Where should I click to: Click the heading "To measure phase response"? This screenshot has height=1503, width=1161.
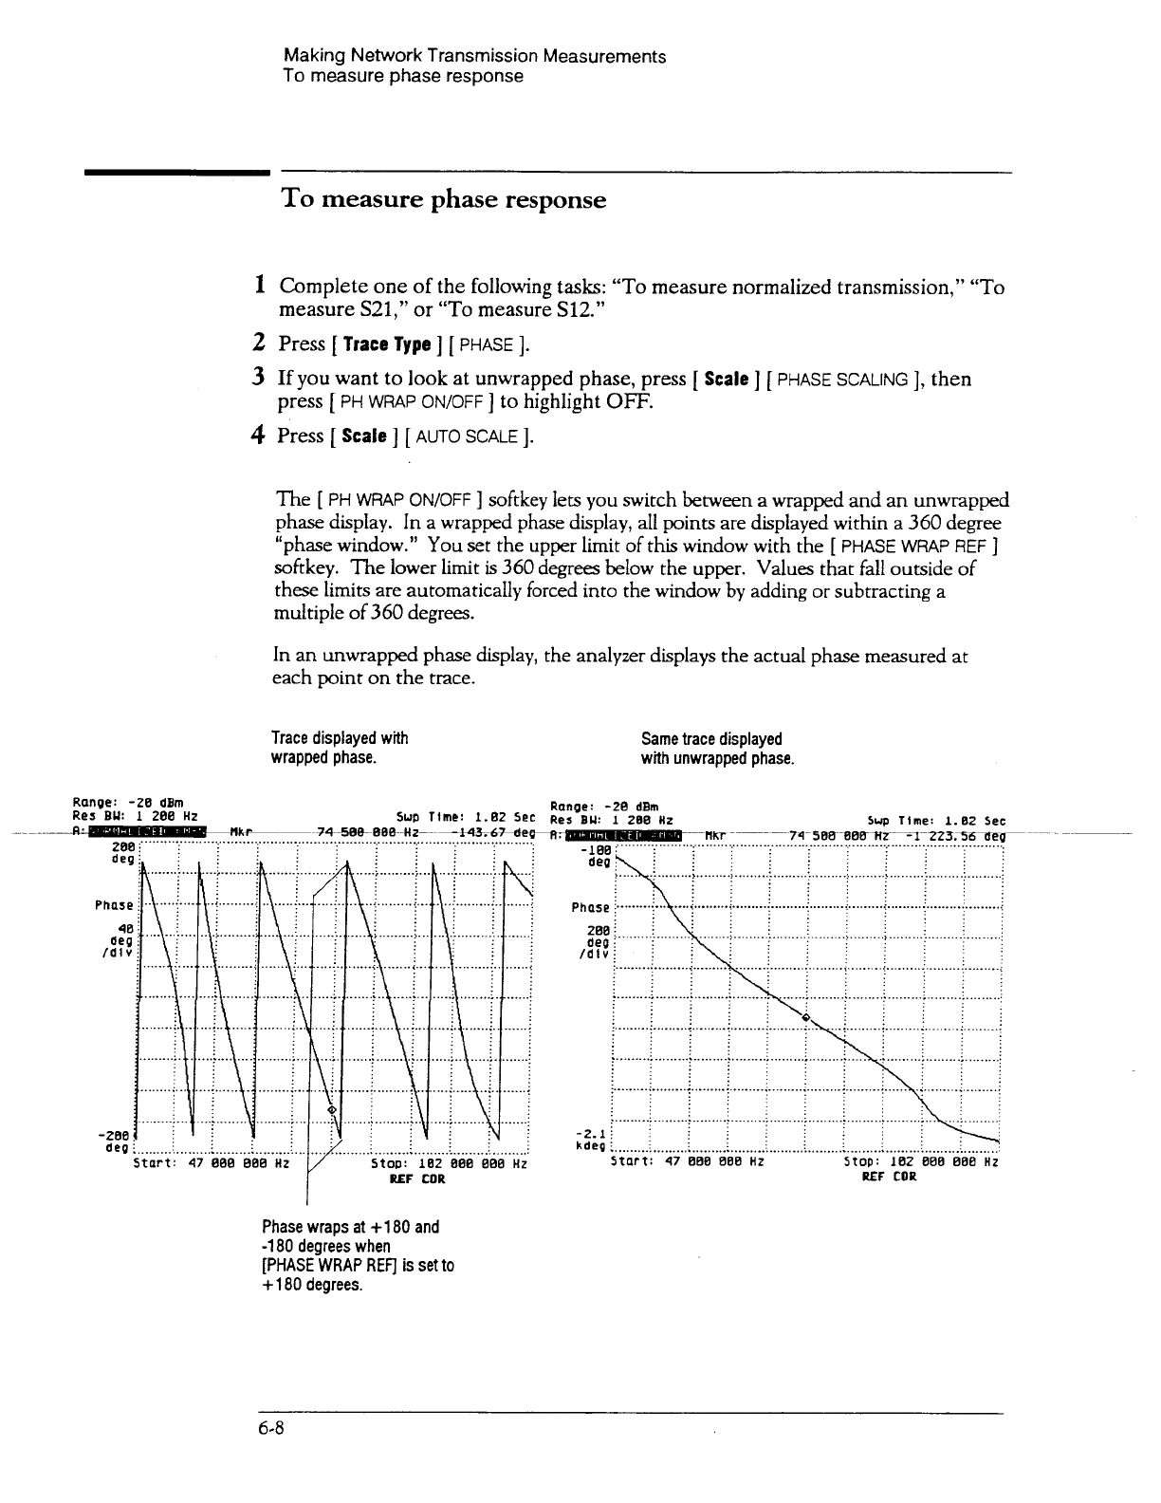point(443,200)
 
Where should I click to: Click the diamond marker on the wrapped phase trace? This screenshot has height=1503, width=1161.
point(331,1109)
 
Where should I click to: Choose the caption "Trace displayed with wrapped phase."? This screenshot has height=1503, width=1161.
point(339,749)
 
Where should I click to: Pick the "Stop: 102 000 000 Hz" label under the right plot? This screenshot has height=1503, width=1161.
point(920,1160)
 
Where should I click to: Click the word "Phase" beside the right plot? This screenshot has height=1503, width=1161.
point(590,908)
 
